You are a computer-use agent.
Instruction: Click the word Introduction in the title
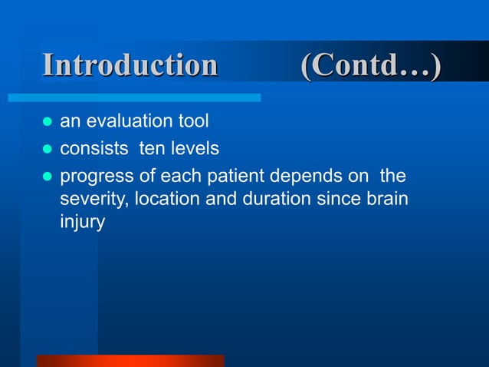tap(130, 66)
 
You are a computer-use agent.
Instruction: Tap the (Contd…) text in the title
tap(371, 66)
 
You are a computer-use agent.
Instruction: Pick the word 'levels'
tap(192, 148)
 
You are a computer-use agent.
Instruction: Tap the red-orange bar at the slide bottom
tap(130, 360)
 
